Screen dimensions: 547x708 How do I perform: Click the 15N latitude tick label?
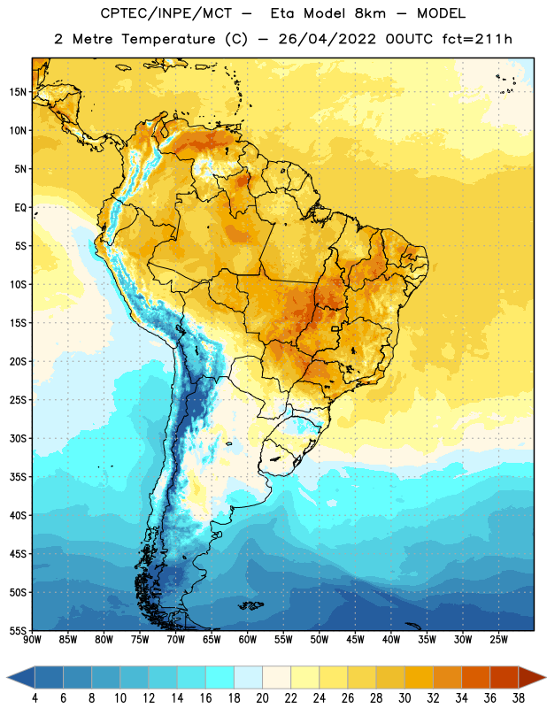18,92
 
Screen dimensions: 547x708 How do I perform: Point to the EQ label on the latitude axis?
20,208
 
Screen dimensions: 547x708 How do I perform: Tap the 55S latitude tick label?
18,630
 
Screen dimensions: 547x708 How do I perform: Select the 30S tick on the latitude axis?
18,438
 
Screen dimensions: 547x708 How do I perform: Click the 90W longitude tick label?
32,640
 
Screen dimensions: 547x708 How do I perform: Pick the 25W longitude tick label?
498,640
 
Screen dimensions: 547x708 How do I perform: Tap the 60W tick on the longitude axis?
248,640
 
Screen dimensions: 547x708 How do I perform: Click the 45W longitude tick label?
355,640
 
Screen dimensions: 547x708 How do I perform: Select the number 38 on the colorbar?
519,698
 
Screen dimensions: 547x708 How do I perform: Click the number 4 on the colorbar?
35,698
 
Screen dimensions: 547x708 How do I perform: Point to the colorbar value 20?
262,698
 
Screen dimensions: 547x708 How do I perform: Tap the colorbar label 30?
404,698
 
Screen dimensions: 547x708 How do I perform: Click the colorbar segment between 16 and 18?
220,677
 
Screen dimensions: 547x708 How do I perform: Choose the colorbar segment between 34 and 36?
475,677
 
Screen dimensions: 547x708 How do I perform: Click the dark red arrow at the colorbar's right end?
532,677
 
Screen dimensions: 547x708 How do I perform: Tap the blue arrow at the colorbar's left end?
21,677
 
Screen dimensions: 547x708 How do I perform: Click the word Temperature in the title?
168,39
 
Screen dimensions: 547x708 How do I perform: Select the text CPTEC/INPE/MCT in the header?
166,14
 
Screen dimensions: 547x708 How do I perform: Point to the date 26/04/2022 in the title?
327,39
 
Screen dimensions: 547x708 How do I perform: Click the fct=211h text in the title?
477,39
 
